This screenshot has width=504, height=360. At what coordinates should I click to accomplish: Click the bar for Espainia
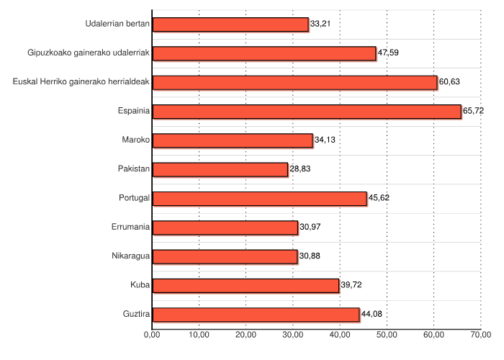pyautogui.click(x=307, y=111)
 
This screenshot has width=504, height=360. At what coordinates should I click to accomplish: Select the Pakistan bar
pyautogui.click(x=220, y=169)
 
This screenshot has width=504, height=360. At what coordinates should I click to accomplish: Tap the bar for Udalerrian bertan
pyautogui.click(x=230, y=24)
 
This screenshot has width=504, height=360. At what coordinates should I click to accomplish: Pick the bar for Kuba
pyautogui.click(x=246, y=285)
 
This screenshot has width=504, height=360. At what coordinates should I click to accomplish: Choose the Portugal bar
pyautogui.click(x=259, y=198)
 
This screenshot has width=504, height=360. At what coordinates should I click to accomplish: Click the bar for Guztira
pyautogui.click(x=256, y=314)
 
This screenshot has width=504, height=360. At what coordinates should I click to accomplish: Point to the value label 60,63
pyautogui.click(x=450, y=82)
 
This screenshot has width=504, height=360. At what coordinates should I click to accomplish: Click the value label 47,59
pyautogui.click(x=389, y=53)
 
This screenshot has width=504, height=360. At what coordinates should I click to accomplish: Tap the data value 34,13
pyautogui.click(x=325, y=140)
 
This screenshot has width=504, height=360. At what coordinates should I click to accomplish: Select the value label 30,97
pyautogui.click(x=310, y=228)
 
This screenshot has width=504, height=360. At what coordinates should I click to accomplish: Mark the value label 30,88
pyautogui.click(x=310, y=256)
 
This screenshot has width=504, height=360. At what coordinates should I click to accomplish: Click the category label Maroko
pyautogui.click(x=136, y=140)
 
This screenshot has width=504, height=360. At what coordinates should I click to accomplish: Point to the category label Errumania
pyautogui.click(x=131, y=227)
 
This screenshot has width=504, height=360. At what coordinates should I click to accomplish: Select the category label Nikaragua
pyautogui.click(x=131, y=256)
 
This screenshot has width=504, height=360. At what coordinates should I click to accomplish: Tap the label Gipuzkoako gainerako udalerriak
pyautogui.click(x=89, y=53)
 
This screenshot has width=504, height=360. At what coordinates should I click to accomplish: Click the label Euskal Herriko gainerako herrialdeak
pyautogui.click(x=81, y=81)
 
